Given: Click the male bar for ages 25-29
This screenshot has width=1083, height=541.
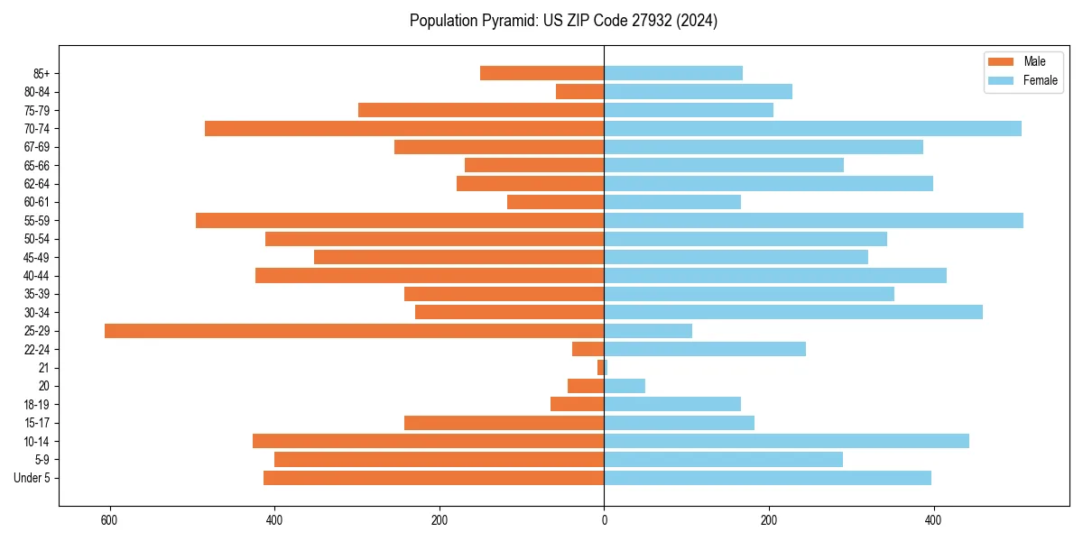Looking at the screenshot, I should [354, 331].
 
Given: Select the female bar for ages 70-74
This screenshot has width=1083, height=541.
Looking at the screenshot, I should [812, 128].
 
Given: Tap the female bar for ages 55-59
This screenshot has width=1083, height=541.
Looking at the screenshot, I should [813, 220].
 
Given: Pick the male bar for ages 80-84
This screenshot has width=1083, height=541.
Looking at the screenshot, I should [579, 91].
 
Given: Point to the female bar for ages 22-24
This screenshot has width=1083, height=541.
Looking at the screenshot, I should [705, 349].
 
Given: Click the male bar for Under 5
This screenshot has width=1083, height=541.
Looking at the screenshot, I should [433, 478].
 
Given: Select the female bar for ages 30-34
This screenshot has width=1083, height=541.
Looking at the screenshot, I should [793, 312].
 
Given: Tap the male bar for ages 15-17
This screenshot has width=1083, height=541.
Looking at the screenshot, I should [504, 423].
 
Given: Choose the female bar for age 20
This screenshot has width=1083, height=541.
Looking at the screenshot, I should [625, 386].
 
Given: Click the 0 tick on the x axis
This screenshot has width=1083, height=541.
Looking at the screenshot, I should [604, 520].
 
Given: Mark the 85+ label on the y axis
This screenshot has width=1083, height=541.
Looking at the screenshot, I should [42, 73].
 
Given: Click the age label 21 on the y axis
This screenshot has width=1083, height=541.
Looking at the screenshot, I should [44, 368].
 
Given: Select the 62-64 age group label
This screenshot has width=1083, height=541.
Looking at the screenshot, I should [37, 184].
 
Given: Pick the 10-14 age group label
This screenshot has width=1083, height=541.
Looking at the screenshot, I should [37, 441].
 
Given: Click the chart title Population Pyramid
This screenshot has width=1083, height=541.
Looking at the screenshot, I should [563, 21].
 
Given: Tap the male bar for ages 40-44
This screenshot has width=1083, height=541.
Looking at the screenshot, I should [430, 275].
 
